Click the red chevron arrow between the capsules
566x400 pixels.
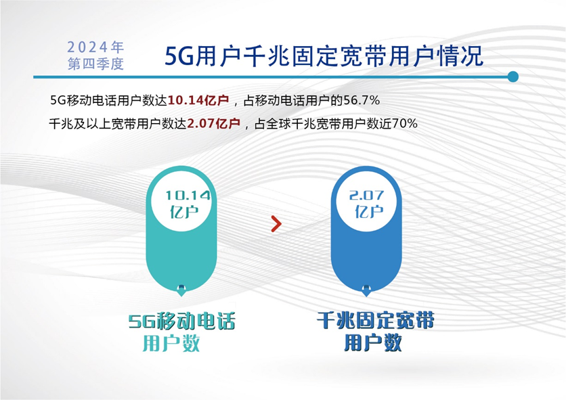[276, 224]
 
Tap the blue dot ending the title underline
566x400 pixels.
[513, 77]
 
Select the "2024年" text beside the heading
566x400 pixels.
[95, 47]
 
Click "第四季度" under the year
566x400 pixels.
[95, 64]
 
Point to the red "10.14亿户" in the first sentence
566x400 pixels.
[198, 100]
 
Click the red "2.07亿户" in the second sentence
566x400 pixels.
[214, 124]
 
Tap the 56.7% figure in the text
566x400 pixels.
[362, 100]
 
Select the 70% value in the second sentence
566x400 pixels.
[405, 124]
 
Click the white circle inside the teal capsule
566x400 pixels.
[181, 203]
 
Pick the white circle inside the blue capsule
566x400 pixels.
[366, 203]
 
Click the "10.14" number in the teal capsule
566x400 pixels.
[188, 196]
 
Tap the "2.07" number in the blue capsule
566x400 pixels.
[366, 196]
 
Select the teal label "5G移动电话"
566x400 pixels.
[182, 321]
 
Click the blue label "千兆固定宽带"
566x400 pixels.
[375, 320]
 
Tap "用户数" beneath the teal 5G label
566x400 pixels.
[171, 343]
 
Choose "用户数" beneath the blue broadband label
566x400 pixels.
[372, 342]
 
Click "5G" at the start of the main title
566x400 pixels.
[179, 56]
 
